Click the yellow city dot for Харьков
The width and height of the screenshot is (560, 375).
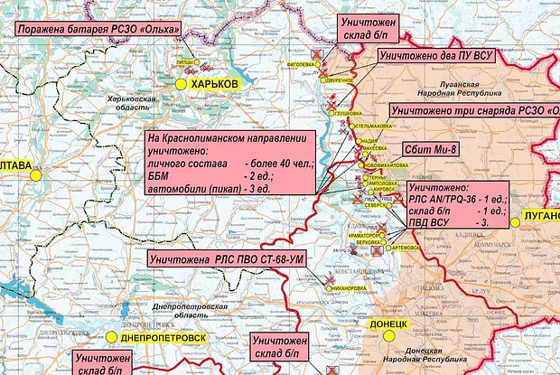point(181,83)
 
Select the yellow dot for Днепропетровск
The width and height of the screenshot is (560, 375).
point(111,336)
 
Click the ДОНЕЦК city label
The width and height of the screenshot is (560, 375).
point(391,323)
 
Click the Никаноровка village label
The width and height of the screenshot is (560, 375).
point(349,289)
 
